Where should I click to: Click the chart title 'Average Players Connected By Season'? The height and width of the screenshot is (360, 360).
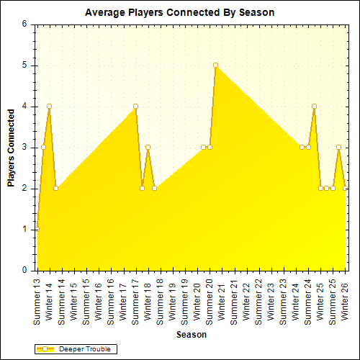(179, 12)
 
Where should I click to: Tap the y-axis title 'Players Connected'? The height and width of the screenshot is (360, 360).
(12, 148)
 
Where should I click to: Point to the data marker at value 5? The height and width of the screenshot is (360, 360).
(215, 65)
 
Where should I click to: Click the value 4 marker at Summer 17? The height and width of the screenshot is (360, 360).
(135, 106)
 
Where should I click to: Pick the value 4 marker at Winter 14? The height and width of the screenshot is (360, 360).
(49, 106)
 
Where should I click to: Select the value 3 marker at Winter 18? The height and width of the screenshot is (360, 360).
(148, 147)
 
